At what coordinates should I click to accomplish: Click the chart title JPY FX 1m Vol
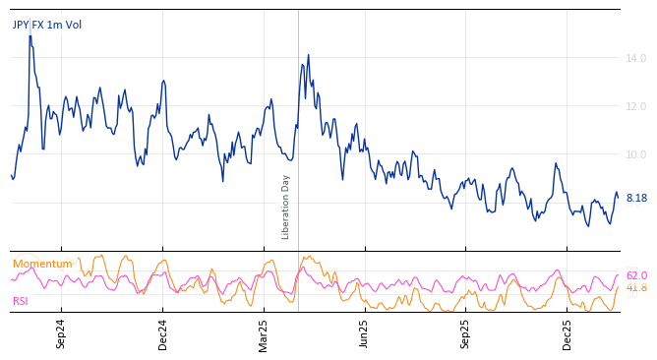(47, 25)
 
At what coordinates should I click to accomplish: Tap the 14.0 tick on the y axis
(636, 59)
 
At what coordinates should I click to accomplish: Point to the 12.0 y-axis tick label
(636, 106)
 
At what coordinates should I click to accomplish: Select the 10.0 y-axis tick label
(636, 154)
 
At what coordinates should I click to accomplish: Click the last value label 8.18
(636, 198)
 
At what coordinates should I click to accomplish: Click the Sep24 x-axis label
(61, 333)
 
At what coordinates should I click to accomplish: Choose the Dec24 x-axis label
(163, 333)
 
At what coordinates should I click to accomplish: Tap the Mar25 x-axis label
(264, 333)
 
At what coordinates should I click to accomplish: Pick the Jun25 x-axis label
(364, 333)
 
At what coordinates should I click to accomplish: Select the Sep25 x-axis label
(466, 333)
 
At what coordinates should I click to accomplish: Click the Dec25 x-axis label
(567, 333)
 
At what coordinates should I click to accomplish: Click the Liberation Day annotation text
(286, 207)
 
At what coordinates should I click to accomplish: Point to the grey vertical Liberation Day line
(298, 118)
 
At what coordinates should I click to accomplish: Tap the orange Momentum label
(42, 264)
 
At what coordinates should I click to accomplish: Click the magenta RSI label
(22, 301)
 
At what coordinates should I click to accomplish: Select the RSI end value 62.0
(636, 275)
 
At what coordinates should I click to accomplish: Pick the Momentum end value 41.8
(636, 288)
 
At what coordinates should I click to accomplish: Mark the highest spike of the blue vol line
(30, 35)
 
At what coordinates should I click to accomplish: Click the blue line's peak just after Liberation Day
(308, 55)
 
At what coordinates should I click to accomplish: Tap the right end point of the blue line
(618, 198)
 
